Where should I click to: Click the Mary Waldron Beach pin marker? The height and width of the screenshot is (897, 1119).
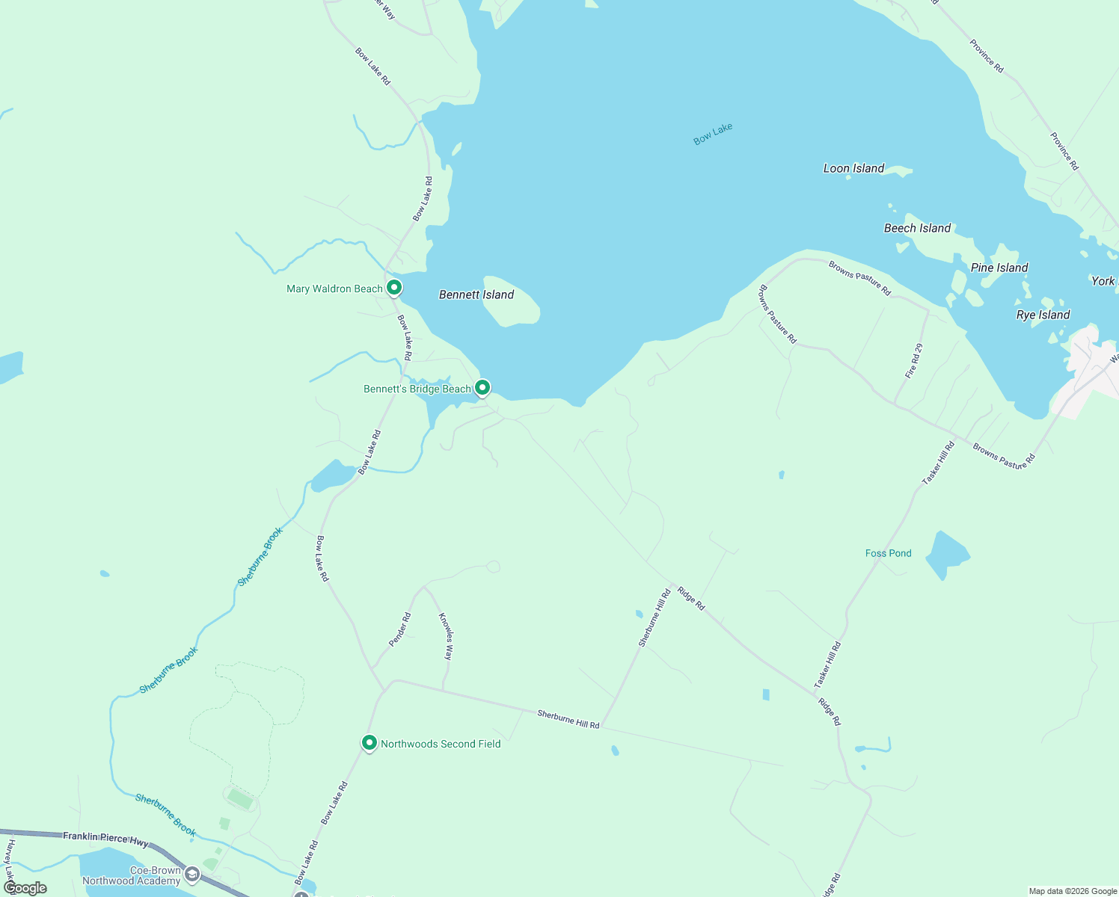[394, 288]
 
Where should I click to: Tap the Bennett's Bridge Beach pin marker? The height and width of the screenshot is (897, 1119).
[482, 387]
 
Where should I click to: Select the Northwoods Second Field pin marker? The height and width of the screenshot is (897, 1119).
[369, 743]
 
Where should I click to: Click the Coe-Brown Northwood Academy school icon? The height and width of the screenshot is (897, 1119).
[192, 875]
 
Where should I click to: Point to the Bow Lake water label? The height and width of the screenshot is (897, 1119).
[713, 134]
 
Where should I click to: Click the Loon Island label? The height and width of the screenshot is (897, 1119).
[853, 169]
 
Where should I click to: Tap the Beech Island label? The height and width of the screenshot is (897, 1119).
[917, 229]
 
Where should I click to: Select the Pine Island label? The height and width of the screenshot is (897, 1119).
[999, 268]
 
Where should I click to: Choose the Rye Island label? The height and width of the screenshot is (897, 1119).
[1043, 315]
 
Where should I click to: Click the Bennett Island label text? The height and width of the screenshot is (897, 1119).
[476, 295]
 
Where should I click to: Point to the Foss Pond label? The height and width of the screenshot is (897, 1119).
[888, 554]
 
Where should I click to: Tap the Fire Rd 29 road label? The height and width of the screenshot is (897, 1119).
[914, 361]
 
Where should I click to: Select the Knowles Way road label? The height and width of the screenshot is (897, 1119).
[446, 636]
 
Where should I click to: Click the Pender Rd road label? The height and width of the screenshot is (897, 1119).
[400, 629]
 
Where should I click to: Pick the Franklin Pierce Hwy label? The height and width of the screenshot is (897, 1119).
[105, 839]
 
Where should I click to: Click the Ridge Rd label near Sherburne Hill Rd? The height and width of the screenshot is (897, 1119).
[690, 599]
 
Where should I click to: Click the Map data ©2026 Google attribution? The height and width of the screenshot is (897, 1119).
[1073, 891]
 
